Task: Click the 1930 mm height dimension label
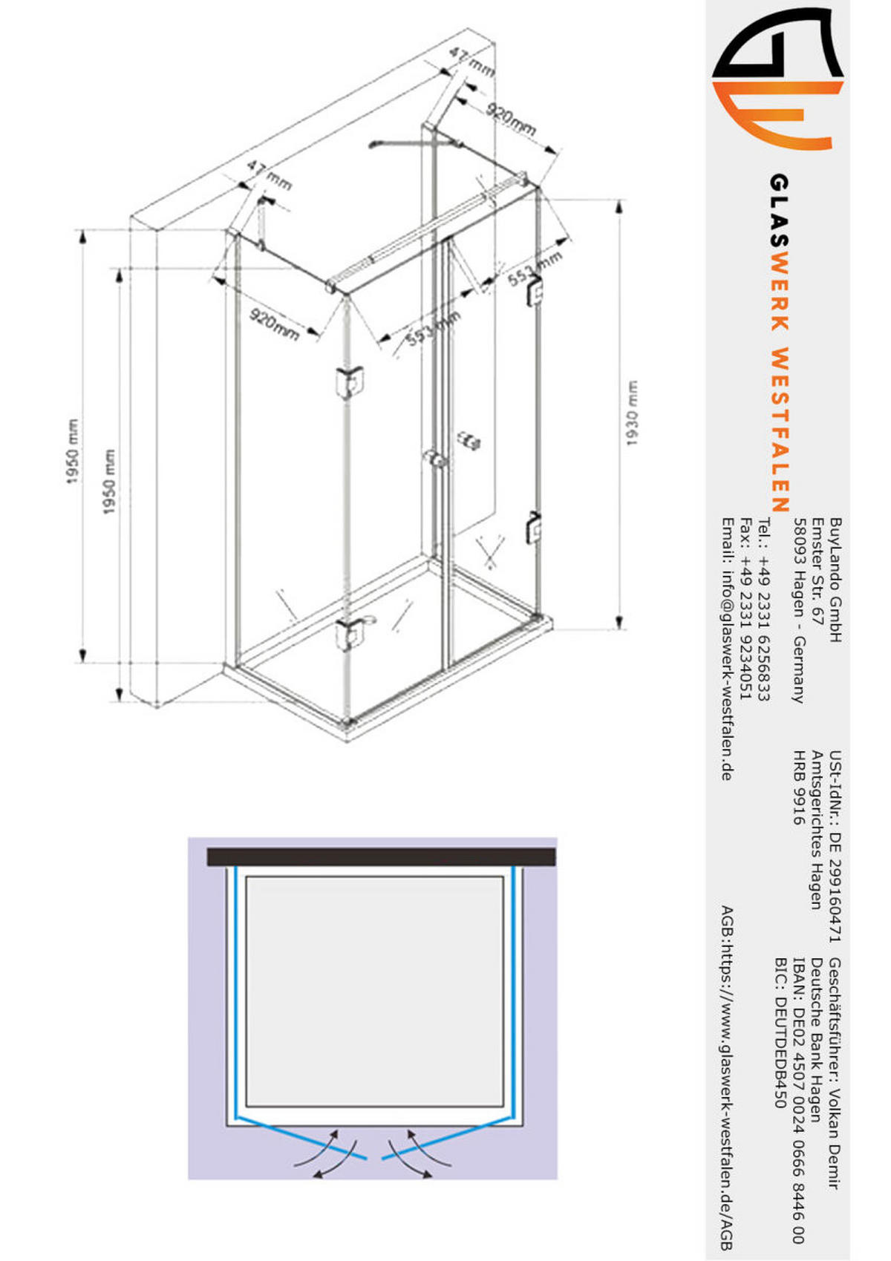click(632, 413)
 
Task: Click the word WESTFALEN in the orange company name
click(779, 430)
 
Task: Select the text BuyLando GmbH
click(835, 580)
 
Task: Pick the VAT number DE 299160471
click(835, 875)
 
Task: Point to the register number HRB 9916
click(798, 787)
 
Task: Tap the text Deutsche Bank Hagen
click(817, 1039)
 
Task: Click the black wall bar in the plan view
click(381, 857)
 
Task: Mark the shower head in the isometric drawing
click(376, 144)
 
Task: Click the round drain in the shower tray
click(368, 621)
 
